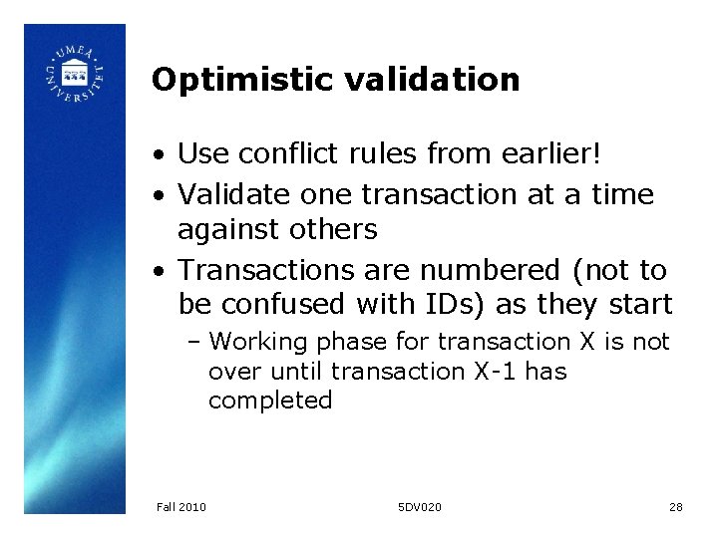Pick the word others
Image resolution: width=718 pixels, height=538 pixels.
tap(331, 230)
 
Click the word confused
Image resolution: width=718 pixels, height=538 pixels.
tap(295, 303)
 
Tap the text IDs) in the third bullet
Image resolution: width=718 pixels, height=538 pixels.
tap(477, 303)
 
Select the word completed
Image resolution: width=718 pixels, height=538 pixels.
tap(270, 401)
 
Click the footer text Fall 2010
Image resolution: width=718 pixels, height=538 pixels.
tap(181, 507)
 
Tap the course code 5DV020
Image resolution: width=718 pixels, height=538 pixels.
tap(420, 507)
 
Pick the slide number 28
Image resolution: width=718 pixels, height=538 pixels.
tap(676, 507)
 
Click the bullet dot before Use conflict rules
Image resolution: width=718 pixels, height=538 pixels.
tap(160, 156)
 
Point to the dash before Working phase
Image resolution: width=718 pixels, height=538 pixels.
tap(194, 343)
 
